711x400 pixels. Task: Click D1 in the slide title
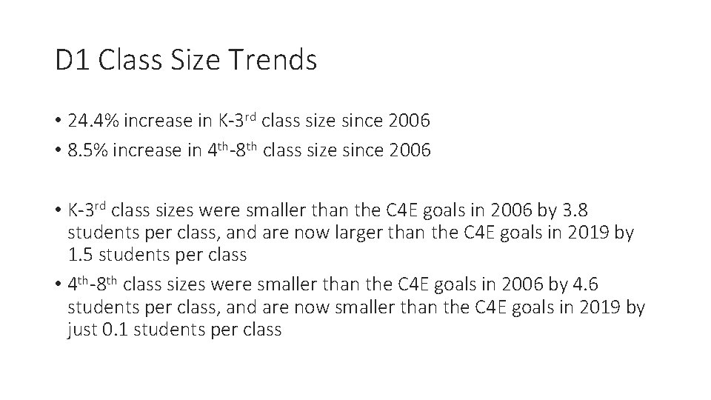pyautogui.click(x=72, y=60)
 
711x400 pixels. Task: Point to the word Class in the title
pyautogui.click(x=136, y=60)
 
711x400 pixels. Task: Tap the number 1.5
pyautogui.click(x=82, y=255)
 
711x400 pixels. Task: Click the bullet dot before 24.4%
pyautogui.click(x=58, y=121)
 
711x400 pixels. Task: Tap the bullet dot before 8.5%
pyautogui.click(x=58, y=152)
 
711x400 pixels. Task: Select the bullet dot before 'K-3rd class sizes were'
pyautogui.click(x=58, y=211)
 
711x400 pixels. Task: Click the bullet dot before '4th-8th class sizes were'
pyautogui.click(x=58, y=285)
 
